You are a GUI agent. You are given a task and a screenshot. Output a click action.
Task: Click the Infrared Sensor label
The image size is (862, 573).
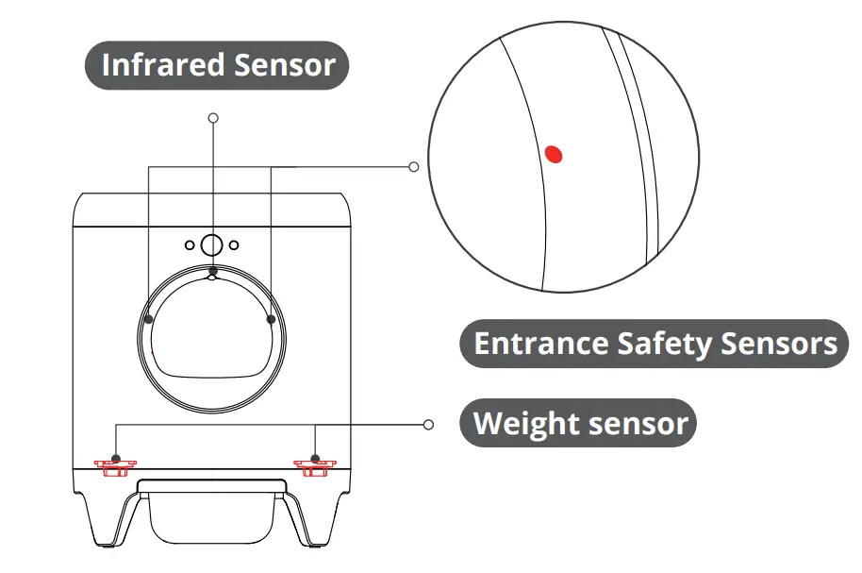tap(218, 65)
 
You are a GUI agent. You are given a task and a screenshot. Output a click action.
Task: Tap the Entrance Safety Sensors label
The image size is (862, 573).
tap(655, 343)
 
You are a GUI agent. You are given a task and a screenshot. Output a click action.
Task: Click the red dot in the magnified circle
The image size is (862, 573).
tap(554, 153)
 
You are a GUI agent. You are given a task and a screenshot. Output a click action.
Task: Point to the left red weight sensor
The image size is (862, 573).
tap(114, 464)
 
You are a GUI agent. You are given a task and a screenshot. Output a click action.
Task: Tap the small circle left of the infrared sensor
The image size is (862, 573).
tap(191, 245)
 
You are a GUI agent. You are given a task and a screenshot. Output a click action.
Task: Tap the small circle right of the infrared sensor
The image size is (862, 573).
tap(235, 245)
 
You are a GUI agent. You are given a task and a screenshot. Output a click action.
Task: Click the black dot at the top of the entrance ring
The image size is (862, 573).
tap(213, 272)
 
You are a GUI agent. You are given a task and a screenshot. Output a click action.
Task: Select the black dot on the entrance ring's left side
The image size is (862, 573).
tap(149, 320)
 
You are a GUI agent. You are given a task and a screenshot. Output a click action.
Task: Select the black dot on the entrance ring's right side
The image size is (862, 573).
tap(271, 320)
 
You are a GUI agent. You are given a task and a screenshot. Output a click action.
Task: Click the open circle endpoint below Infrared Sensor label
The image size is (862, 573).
tap(214, 118)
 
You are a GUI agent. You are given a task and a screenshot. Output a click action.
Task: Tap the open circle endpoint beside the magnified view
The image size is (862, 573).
tap(413, 166)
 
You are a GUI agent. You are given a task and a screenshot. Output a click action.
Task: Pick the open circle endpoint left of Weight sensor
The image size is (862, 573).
tap(429, 425)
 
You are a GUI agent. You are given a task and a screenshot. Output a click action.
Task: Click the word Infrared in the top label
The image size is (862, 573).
tap(162, 65)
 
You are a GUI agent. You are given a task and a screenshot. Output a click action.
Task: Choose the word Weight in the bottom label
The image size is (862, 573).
tap(525, 423)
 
